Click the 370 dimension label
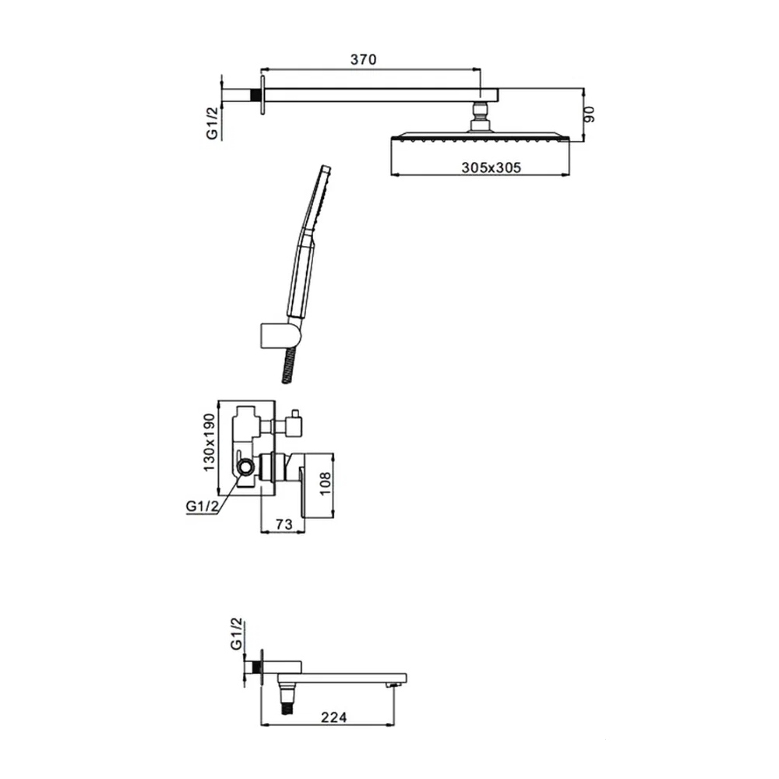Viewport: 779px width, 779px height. pyautogui.click(x=363, y=59)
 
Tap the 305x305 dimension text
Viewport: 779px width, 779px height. pyautogui.click(x=492, y=167)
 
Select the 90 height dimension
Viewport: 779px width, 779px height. pyautogui.click(x=589, y=115)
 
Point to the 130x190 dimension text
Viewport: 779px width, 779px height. pyautogui.click(x=209, y=442)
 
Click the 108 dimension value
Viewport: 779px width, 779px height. pyautogui.click(x=325, y=484)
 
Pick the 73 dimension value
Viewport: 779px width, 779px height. pyautogui.click(x=284, y=524)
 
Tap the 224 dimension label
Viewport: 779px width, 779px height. pyautogui.click(x=333, y=717)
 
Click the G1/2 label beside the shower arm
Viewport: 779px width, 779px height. pyautogui.click(x=213, y=123)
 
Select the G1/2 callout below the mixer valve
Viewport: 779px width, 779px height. pyautogui.click(x=203, y=506)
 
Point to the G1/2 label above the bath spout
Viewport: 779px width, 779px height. pyautogui.click(x=237, y=634)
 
